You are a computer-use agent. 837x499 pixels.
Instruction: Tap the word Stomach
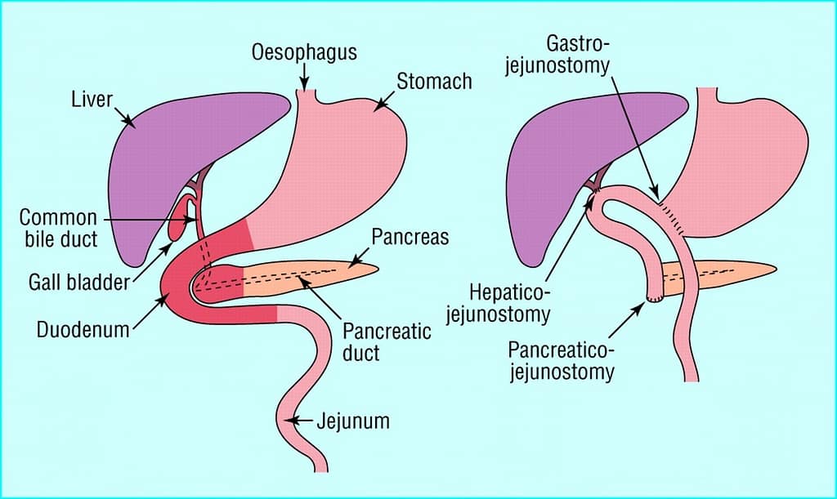click(x=434, y=81)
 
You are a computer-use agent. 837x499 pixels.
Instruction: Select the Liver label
click(x=90, y=101)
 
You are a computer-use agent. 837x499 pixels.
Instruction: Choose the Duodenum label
click(x=83, y=330)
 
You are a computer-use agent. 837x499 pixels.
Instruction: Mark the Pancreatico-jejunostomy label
click(x=561, y=361)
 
